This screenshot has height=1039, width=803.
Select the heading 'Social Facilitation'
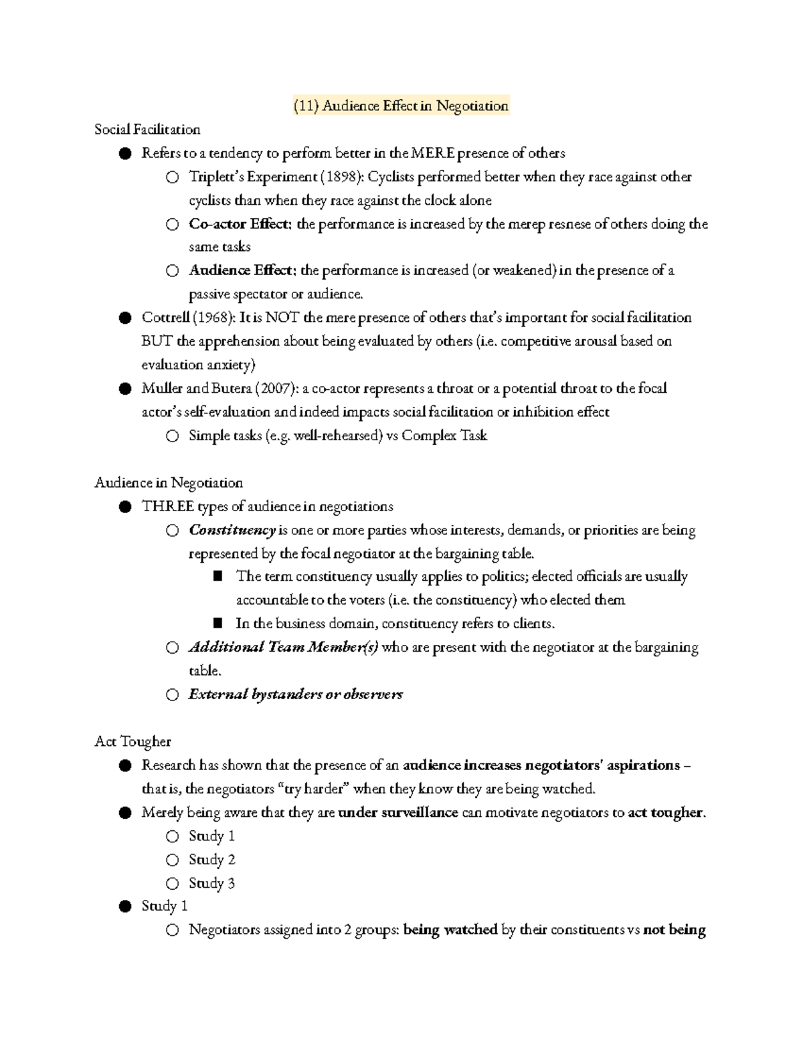point(147,129)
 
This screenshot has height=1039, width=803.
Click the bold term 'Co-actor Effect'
point(240,224)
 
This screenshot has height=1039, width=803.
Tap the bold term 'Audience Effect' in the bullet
point(241,271)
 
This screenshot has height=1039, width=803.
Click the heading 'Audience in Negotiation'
point(169,483)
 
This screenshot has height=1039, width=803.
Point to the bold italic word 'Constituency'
point(232,531)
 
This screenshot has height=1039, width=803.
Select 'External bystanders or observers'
point(296,694)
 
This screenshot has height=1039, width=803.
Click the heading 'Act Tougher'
point(132,741)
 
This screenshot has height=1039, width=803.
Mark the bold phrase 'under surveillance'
point(398,813)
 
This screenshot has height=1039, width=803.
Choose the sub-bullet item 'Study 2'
point(211,860)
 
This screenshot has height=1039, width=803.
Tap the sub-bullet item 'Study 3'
point(211,883)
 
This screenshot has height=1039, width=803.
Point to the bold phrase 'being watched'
point(450,930)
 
